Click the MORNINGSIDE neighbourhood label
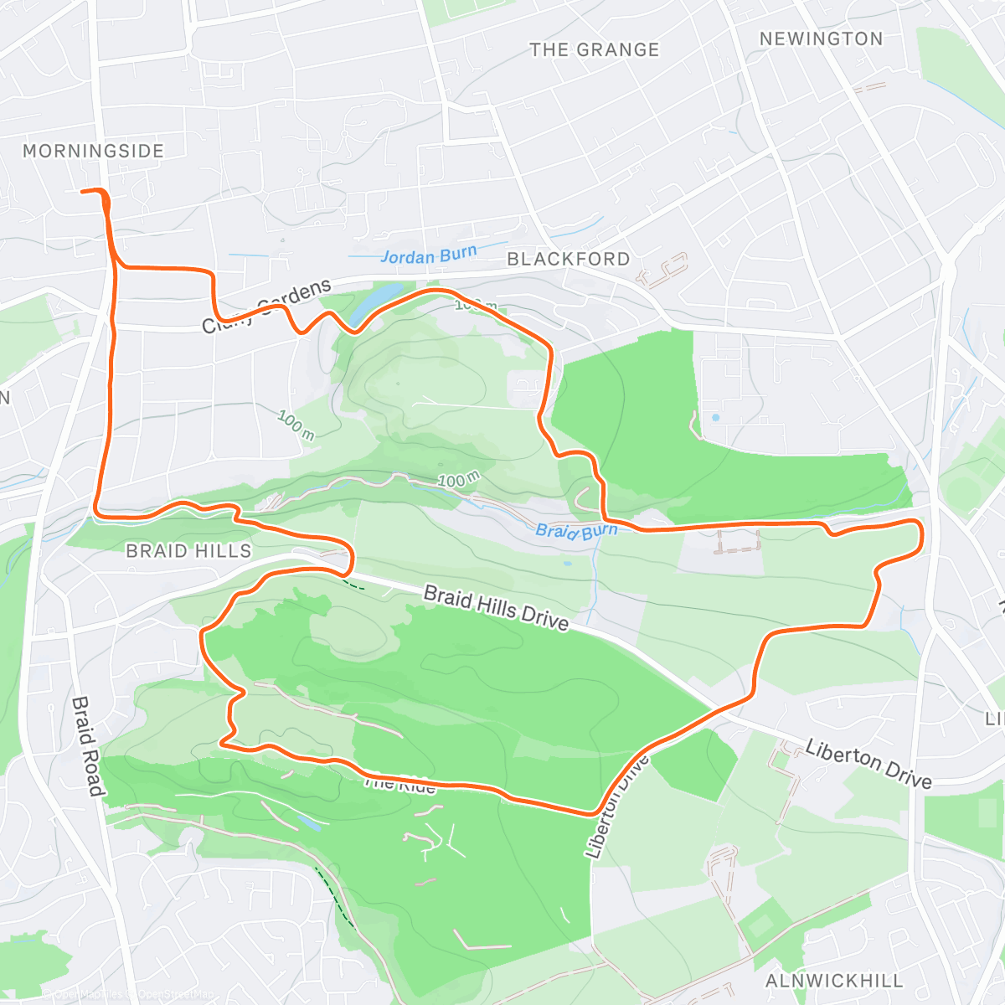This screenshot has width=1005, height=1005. click(x=93, y=152)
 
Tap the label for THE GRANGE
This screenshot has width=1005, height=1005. click(x=595, y=50)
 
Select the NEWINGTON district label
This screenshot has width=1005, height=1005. click(x=821, y=39)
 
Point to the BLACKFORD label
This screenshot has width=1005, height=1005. click(x=569, y=260)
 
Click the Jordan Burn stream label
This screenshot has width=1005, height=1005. click(x=429, y=255)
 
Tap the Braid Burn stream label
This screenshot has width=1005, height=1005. click(x=576, y=531)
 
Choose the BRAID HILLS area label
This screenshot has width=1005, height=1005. click(x=188, y=551)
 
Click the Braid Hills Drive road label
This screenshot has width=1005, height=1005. click(x=496, y=608)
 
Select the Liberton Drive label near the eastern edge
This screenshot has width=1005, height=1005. click(x=868, y=764)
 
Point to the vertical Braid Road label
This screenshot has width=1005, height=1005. click(x=87, y=746)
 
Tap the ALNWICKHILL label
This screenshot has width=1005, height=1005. click(x=834, y=981)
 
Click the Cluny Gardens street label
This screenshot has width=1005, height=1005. click(x=267, y=307)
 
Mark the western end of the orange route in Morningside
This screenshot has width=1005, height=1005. click(x=82, y=192)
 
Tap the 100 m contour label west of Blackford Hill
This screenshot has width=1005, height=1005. click(x=296, y=425)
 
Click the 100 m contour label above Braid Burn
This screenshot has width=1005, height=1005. click(x=458, y=480)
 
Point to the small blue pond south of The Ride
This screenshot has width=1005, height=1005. click(x=307, y=823)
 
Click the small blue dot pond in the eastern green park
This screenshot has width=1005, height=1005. click(x=715, y=417)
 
